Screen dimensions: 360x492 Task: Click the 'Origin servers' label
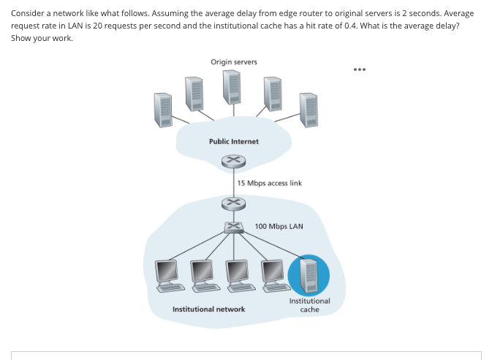[233, 61]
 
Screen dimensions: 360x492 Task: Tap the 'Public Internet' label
[233, 141]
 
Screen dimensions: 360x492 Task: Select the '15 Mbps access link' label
[269, 183]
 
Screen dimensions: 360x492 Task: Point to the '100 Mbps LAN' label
[279, 226]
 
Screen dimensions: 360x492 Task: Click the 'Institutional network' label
[208, 309]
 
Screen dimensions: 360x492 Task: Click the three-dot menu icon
[359, 71]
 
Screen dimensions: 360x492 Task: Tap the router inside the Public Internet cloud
[232, 160]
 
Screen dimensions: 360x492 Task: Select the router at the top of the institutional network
[232, 202]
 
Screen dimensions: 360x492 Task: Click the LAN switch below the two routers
[232, 227]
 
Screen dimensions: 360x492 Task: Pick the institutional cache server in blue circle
[309, 274]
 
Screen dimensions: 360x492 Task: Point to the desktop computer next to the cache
[272, 273]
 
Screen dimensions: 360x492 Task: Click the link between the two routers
[232, 181]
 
